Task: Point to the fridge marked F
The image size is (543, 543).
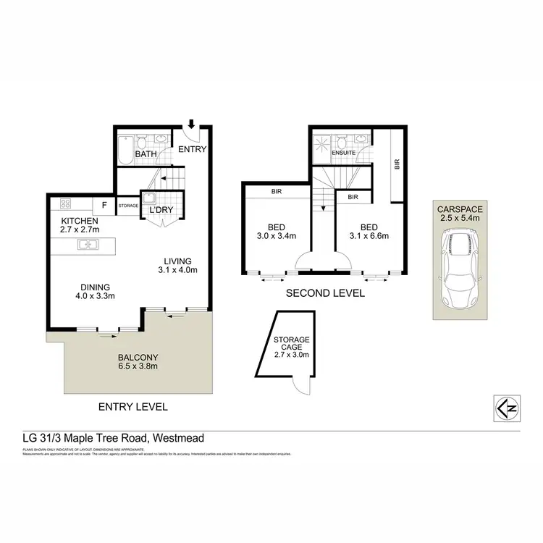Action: click(104, 205)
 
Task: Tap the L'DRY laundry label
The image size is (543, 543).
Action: click(160, 210)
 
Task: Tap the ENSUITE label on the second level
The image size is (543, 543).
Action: click(344, 153)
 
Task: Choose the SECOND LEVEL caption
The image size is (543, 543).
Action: click(325, 294)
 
